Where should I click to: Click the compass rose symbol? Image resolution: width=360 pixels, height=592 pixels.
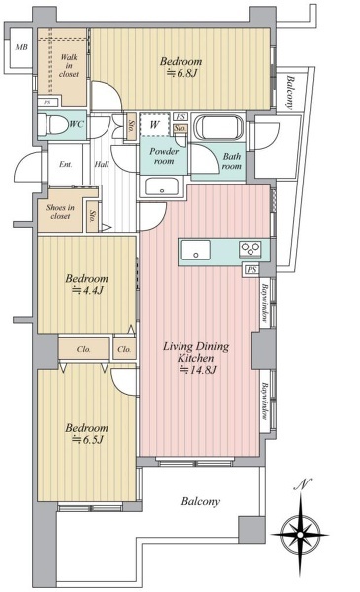[300, 535]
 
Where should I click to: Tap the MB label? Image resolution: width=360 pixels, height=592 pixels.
[21, 47]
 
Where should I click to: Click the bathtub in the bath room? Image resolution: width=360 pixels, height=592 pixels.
[219, 127]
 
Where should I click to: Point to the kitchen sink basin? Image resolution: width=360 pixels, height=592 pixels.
[195, 251]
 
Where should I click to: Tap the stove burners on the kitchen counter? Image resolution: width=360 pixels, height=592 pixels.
[251, 250]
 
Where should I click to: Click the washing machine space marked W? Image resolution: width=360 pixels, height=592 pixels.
[154, 124]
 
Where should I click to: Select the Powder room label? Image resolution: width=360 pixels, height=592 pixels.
[164, 156]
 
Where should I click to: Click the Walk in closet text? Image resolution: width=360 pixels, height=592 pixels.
[69, 66]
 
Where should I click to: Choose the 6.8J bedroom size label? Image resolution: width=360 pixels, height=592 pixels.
[182, 73]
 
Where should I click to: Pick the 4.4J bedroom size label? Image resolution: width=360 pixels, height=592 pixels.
[88, 290]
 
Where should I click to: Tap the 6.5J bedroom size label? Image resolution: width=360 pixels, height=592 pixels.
[88, 439]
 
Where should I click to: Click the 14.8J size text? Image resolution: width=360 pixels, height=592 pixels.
[197, 370]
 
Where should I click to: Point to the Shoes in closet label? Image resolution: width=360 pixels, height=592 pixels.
[60, 212]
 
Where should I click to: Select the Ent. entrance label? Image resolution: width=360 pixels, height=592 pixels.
[66, 164]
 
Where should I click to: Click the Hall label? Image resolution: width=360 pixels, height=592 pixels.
[102, 164]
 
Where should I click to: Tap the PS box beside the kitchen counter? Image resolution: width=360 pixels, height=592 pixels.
[252, 269]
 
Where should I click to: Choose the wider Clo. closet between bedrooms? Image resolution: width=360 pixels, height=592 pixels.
[84, 349]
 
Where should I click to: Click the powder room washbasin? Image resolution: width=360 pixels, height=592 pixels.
[162, 186]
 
